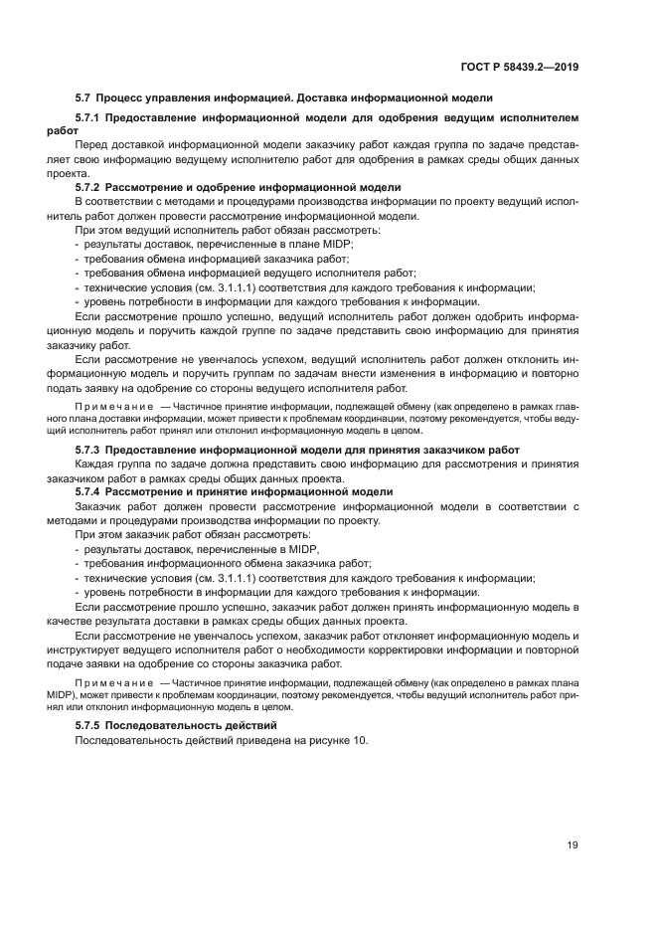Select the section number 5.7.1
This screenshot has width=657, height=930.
92,117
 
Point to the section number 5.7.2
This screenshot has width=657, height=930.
92,187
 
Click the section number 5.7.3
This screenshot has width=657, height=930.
92,451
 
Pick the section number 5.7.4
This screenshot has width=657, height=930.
92,492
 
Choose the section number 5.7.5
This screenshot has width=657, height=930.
92,727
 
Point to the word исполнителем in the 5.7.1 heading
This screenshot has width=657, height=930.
536,117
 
